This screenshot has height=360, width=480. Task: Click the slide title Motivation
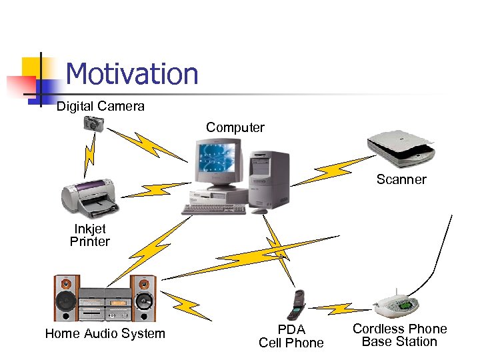click(132, 74)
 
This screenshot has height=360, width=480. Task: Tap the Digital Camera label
click(100, 106)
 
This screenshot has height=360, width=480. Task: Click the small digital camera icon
click(93, 123)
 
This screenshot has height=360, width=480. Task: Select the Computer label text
click(235, 127)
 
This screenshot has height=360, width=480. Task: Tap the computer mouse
click(259, 211)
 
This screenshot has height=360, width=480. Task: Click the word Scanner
click(401, 179)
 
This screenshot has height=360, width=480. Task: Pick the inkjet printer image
click(91, 197)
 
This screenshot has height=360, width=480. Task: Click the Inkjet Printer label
click(89, 235)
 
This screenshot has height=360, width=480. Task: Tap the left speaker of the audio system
click(66, 299)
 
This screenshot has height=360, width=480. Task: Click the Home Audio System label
click(105, 333)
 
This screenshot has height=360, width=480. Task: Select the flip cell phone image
click(296, 305)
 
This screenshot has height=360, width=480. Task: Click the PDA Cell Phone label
click(291, 336)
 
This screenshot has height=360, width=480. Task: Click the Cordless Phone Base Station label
click(399, 335)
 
